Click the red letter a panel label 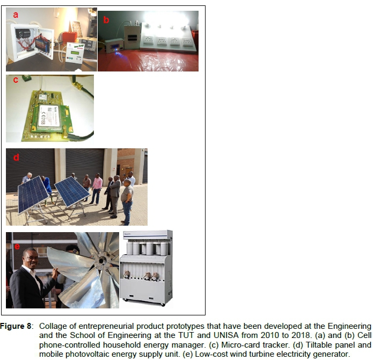coord(16,15)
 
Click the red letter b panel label coord(106,19)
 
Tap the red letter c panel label coord(16,80)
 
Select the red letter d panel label coord(16,157)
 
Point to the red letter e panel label coord(17,247)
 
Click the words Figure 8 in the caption coord(16,326)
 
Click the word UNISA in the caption coord(226,335)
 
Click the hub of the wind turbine coord(101,260)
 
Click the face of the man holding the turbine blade coord(31,259)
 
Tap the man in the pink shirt coord(97,189)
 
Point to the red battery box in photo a coord(69,38)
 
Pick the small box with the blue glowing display coord(114,46)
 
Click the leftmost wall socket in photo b coord(148,40)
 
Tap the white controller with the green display coord(75,53)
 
